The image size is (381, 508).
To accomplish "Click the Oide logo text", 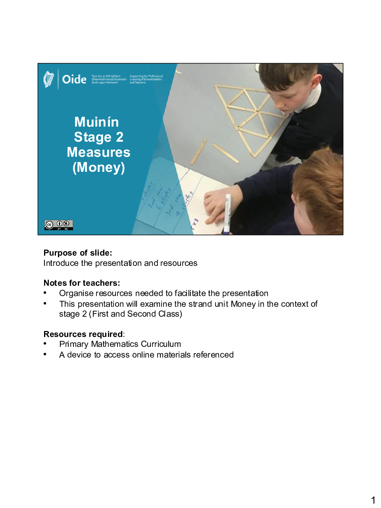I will pos(74,79).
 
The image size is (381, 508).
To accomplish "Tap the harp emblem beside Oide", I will pos(48,79).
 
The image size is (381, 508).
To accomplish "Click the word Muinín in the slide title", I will pos(96,122).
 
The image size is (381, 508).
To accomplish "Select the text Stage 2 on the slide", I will pos(98,137).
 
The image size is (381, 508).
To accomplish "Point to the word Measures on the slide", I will pos(98,152).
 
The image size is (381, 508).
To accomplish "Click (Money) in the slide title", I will pos(98,167).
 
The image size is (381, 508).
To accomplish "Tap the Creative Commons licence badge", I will pos(58,225).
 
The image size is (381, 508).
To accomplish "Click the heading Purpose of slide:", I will pos(78,253).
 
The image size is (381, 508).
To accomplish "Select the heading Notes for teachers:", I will pos(82,283).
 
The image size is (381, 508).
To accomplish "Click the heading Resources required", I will pos(83,334).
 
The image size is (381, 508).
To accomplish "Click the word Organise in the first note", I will pos(75,293).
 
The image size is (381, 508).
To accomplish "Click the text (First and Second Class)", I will pos(135,314).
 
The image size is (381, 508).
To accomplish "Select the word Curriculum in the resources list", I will pos(161,344).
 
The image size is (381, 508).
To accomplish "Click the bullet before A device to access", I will pos(45,354).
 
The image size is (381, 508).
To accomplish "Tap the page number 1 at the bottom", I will pos(373,500).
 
